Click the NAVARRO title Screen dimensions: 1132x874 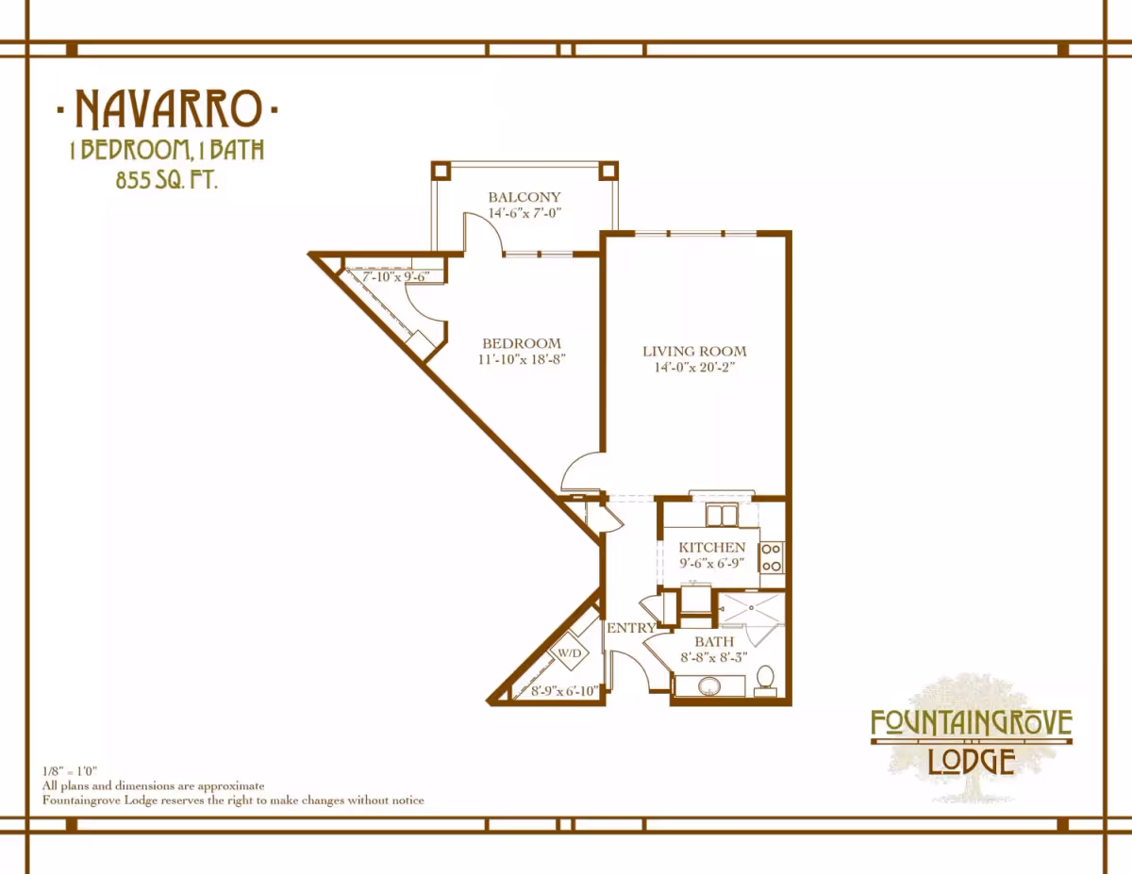point(168,108)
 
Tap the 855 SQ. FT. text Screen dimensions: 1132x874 point(166,180)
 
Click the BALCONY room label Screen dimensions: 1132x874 point(524,197)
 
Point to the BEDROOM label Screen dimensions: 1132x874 point(522,343)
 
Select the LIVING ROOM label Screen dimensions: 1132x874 point(694,352)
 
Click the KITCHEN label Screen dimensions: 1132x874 point(711,547)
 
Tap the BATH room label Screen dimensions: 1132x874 point(714,641)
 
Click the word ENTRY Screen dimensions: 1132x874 point(631,628)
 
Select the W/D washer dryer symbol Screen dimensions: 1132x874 point(570,652)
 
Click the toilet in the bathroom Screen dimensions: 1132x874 point(765,681)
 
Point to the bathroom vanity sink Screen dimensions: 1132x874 point(709,685)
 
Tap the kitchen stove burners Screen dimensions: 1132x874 point(771,557)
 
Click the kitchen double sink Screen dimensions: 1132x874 point(722,516)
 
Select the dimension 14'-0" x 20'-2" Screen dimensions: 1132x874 point(694,367)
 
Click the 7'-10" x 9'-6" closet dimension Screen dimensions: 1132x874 point(396,276)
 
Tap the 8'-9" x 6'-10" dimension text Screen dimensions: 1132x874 point(564,691)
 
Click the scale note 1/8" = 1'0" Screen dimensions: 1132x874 point(70,770)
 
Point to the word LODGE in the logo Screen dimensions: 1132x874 point(972,762)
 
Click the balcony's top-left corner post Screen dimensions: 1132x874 point(441,171)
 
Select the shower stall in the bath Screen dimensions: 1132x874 point(752,607)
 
